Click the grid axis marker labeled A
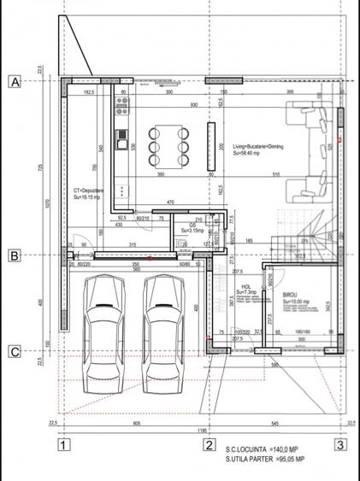[x=15, y=82]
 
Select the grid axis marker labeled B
[x=15, y=255]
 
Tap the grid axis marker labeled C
[x=15, y=350]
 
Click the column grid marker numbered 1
[x=63, y=443]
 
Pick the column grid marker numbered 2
[x=207, y=443]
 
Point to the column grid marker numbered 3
[x=340, y=443]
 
